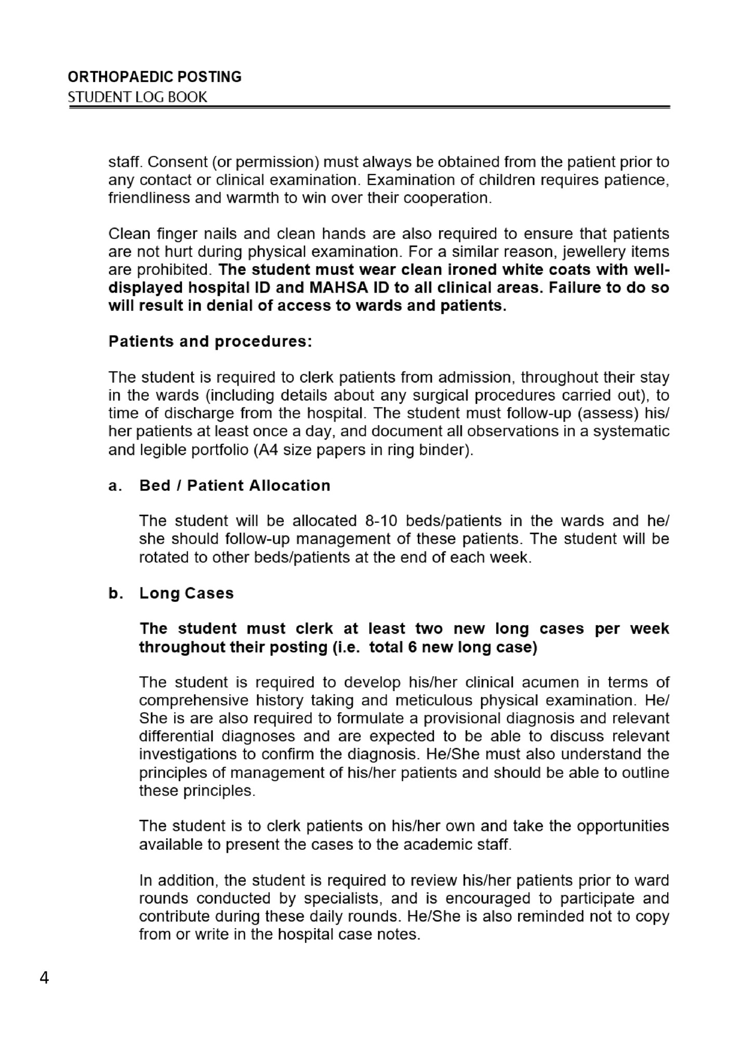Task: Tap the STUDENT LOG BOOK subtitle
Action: pyautogui.click(x=137, y=97)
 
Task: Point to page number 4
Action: pyautogui.click(x=44, y=978)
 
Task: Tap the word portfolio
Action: pyautogui.click(x=220, y=450)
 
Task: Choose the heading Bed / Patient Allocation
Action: pyautogui.click(x=234, y=485)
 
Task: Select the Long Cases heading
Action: pyautogui.click(x=186, y=594)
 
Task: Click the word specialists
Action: pyautogui.click(x=344, y=899)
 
